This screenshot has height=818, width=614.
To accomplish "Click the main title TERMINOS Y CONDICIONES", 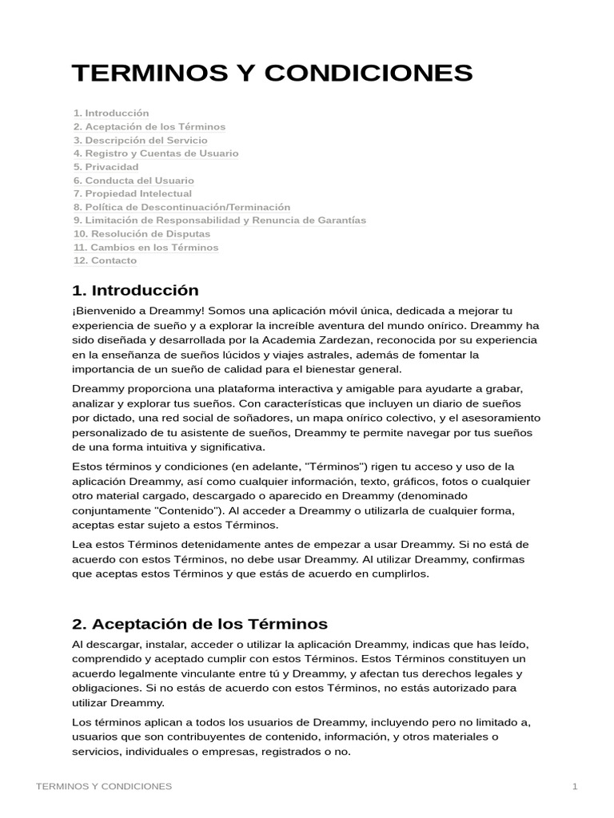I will coord(272,73).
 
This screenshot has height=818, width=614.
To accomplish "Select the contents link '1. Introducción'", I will coord(110,113).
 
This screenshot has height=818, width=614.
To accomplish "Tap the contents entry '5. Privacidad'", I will coord(106,167).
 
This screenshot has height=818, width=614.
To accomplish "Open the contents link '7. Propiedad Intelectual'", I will coord(132,193).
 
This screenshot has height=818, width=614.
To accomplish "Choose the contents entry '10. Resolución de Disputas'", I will coord(142,234).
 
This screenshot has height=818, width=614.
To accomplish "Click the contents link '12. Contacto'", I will coord(105,260).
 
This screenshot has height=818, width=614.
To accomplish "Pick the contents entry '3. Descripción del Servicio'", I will coord(140,140).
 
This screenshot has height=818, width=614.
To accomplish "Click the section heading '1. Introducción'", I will coord(135,290).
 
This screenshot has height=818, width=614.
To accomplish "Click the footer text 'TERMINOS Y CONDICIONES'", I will coord(104,787).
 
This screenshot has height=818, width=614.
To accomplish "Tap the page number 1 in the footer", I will coord(574,787).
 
